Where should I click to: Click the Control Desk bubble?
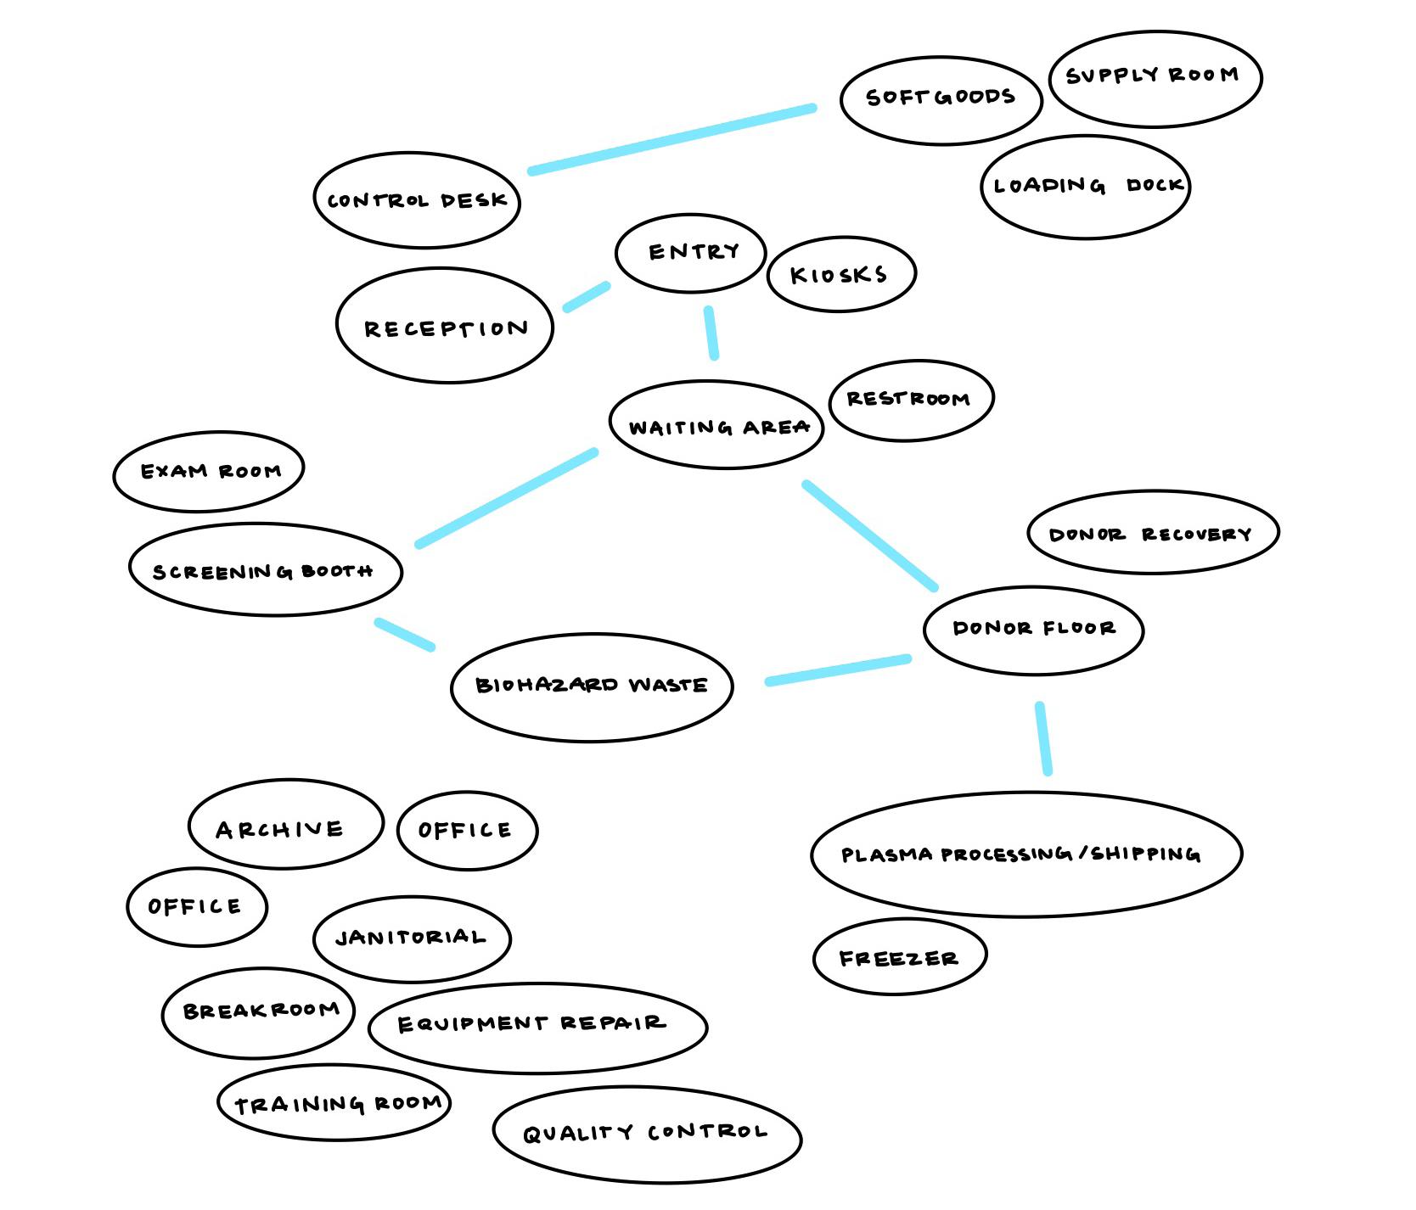(416, 200)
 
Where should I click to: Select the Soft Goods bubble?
(941, 100)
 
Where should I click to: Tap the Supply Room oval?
(1155, 78)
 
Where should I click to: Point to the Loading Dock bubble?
(1085, 187)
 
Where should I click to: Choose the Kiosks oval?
(840, 274)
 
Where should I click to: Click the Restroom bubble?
(910, 399)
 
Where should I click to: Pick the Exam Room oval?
(209, 471)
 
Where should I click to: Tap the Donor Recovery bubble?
(1152, 533)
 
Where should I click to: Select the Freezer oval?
(899, 956)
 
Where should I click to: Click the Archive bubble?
(285, 825)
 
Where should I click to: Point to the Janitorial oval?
(412, 938)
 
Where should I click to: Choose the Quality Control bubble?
(647, 1134)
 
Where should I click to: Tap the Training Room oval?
(334, 1102)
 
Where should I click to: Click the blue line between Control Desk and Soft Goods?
(671, 139)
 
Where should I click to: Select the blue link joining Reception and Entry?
(587, 297)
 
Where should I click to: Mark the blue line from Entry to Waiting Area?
(711, 333)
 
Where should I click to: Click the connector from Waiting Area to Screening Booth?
(506, 498)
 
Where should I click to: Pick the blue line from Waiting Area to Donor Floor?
(869, 535)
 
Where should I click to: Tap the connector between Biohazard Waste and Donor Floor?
(838, 669)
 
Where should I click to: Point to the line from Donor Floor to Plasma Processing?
(1043, 737)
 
